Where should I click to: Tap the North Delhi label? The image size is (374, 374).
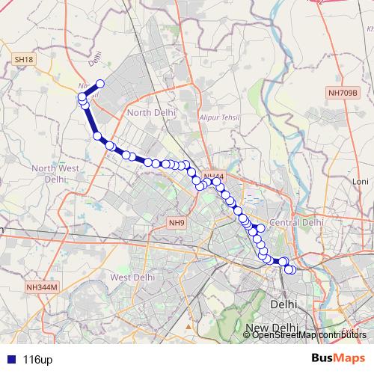(151, 112)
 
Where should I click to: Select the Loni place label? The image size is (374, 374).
(361, 182)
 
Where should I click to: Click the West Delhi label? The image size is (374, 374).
(132, 277)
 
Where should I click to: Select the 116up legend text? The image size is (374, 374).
(37, 360)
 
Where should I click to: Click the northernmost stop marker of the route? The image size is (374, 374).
(99, 85)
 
